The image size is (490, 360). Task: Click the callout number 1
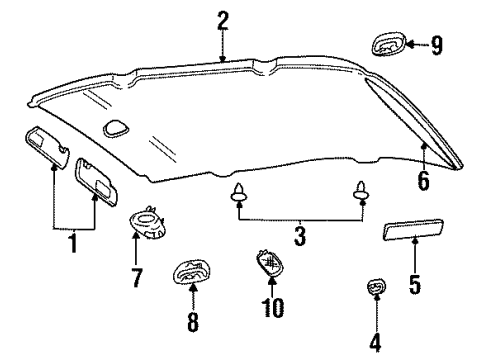click(x=71, y=243)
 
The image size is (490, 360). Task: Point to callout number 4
click(x=375, y=343)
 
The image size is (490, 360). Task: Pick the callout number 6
click(x=424, y=181)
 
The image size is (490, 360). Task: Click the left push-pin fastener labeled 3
click(x=239, y=194)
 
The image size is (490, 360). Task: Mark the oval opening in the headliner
click(x=117, y=128)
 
